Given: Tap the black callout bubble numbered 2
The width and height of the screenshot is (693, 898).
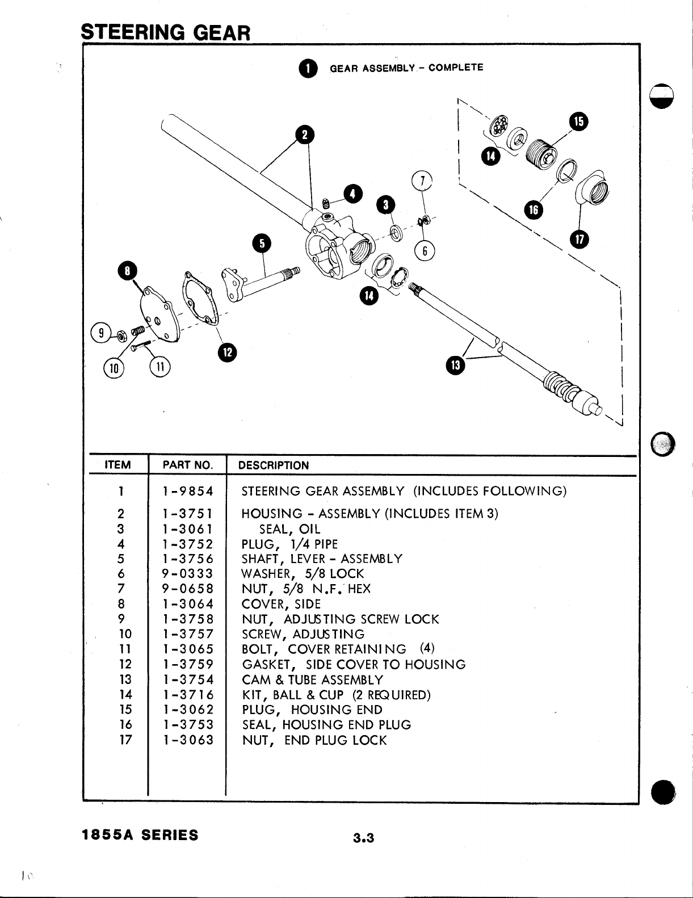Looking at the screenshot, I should [x=305, y=135].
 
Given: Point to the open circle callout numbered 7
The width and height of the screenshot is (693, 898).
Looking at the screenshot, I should [x=422, y=181].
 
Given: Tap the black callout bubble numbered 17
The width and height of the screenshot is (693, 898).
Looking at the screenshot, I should [x=579, y=239].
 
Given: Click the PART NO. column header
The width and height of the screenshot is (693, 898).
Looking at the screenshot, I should [x=187, y=465].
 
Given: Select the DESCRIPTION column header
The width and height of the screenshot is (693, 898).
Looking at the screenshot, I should [x=274, y=465].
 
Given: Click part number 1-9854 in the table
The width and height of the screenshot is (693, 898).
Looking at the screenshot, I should [x=187, y=491].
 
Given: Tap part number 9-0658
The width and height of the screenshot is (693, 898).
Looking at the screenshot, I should [x=187, y=589].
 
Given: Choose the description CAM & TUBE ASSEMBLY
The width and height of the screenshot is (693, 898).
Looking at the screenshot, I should [x=312, y=680].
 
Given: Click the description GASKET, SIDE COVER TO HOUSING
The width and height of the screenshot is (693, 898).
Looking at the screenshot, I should [x=354, y=665].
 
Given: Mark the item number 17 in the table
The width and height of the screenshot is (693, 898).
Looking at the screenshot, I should [x=125, y=740].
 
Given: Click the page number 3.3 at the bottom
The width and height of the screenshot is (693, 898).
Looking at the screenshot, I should [x=363, y=838].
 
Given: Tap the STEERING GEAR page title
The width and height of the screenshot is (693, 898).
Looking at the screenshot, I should [x=166, y=32].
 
